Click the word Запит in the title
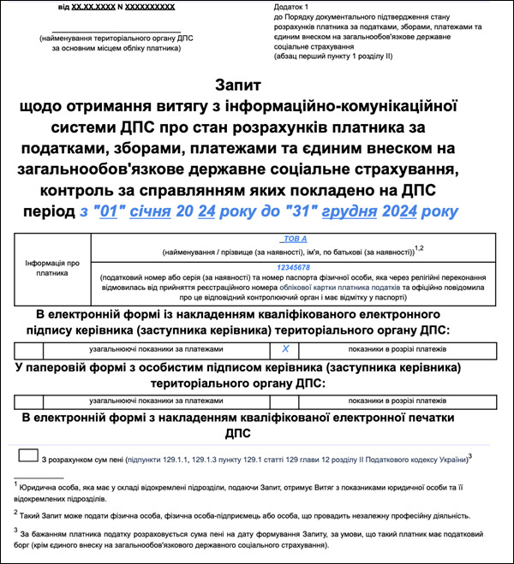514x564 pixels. [240, 86]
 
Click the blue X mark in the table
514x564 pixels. [286, 349]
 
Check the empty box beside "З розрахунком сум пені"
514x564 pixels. [27, 458]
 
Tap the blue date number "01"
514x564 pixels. [108, 211]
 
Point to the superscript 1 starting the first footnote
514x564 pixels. [16, 484]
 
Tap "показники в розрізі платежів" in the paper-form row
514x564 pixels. [397, 401]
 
